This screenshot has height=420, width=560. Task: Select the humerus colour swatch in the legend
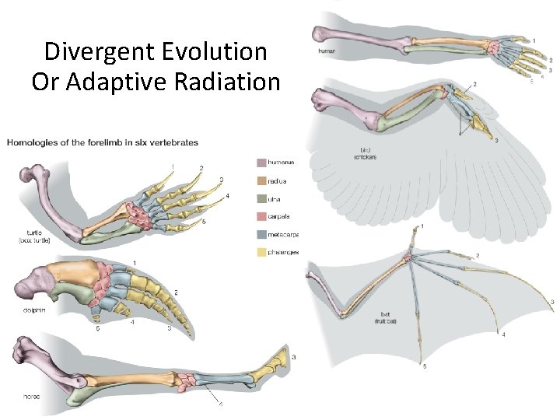261,163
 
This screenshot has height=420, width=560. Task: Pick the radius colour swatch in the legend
261,180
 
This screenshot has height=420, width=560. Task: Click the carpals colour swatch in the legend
261,215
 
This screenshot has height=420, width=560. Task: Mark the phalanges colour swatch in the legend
261,251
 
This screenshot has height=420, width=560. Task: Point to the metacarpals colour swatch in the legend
261,233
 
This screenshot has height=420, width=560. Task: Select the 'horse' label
31,396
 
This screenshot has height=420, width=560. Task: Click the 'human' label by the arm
327,51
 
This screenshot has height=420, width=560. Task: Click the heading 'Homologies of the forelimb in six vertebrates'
103,142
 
